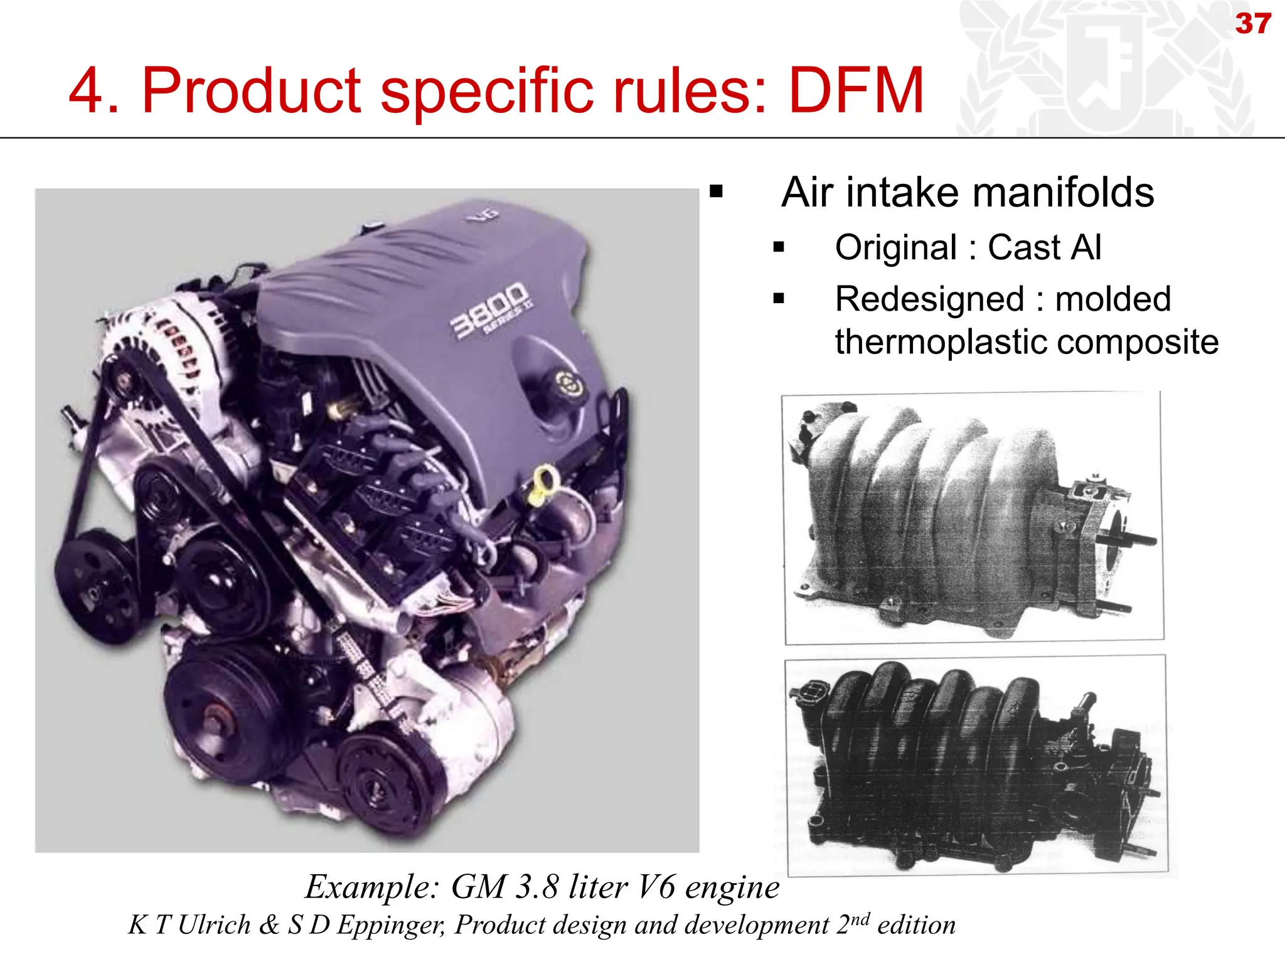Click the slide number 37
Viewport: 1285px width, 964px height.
(x=1253, y=24)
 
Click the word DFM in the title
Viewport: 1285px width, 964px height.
(x=856, y=91)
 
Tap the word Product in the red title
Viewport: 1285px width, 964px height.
(x=251, y=91)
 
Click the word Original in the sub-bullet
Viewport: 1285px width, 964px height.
(x=895, y=247)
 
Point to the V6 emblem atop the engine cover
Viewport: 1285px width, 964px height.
(x=483, y=215)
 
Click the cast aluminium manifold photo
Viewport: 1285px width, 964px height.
(x=973, y=518)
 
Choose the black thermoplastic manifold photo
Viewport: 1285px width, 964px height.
(x=976, y=766)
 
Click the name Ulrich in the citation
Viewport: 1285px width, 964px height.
(x=214, y=925)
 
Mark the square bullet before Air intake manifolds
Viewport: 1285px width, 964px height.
(x=717, y=192)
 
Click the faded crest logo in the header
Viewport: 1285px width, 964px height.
(x=1104, y=69)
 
